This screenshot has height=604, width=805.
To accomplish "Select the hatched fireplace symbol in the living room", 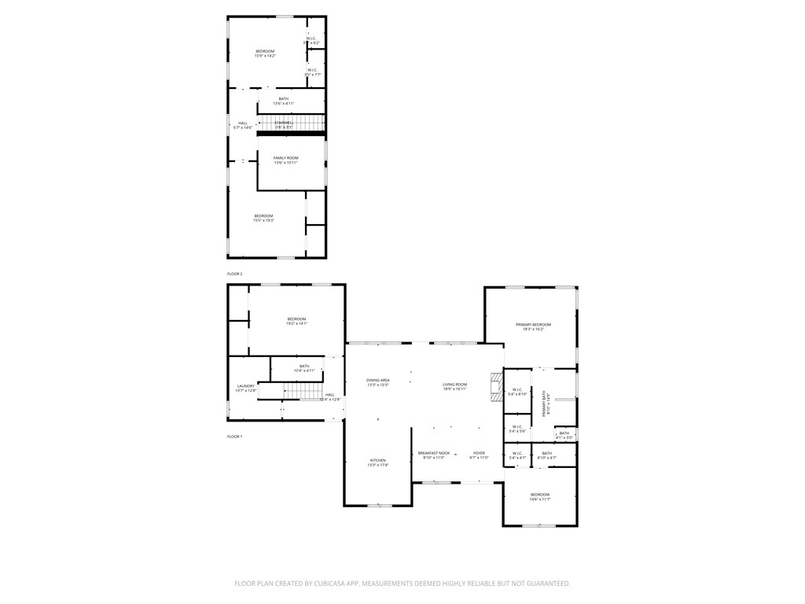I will tap(494, 388).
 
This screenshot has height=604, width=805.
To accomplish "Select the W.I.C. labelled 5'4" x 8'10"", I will tap(517, 392).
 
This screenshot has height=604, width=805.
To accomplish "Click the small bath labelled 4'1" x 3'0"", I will tap(564, 435).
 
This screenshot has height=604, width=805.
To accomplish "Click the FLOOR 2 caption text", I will tap(235, 274).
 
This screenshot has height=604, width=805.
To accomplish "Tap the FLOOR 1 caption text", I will tap(235, 436).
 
